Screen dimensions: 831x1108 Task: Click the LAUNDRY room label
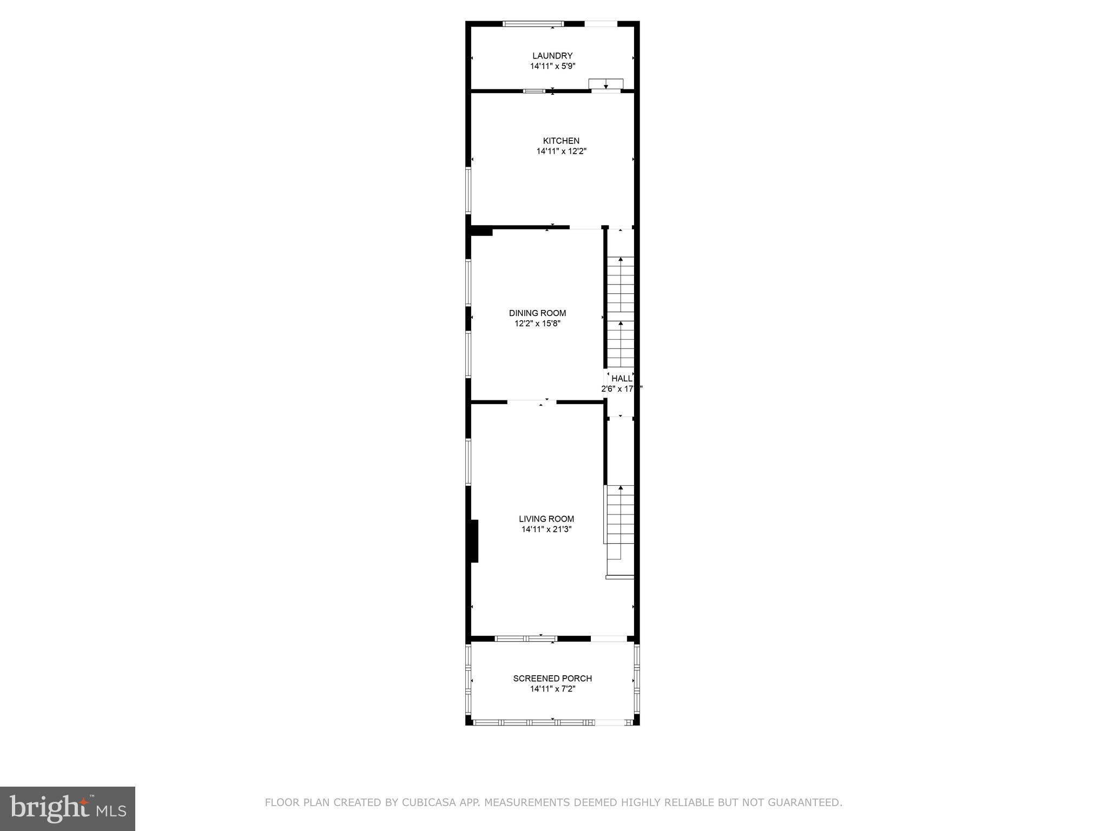pos(552,56)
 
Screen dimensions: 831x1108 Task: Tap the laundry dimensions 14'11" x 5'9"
pos(552,67)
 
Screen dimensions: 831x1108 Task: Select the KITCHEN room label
pos(561,141)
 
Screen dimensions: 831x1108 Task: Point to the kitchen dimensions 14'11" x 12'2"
pos(561,152)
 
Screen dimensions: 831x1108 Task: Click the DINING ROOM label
pos(537,313)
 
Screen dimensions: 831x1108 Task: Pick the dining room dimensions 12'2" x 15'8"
pos(537,324)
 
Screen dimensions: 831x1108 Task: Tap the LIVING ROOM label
pos(546,519)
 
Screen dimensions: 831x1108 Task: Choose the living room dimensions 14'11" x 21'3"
pos(546,530)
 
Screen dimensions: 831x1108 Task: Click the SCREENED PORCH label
pos(552,678)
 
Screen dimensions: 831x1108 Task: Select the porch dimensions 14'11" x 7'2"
pos(552,689)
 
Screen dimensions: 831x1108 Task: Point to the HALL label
pos(622,379)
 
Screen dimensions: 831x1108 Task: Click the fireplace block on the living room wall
pos(474,542)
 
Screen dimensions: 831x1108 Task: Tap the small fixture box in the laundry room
pos(606,84)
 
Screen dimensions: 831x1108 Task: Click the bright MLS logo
pos(68,808)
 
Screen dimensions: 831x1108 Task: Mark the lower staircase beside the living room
pos(620,522)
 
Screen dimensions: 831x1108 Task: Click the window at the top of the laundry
pos(533,24)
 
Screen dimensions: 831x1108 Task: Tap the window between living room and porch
pos(526,638)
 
